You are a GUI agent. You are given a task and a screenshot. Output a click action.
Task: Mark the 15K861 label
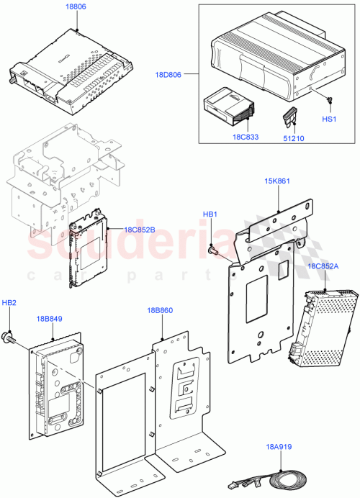pyautogui.click(x=277, y=181)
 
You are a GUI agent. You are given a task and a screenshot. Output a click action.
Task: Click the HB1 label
pyautogui.click(x=210, y=214)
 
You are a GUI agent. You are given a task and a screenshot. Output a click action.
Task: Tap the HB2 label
pyautogui.click(x=9, y=304)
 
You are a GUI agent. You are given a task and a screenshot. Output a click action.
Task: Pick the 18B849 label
pyautogui.click(x=50, y=317)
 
